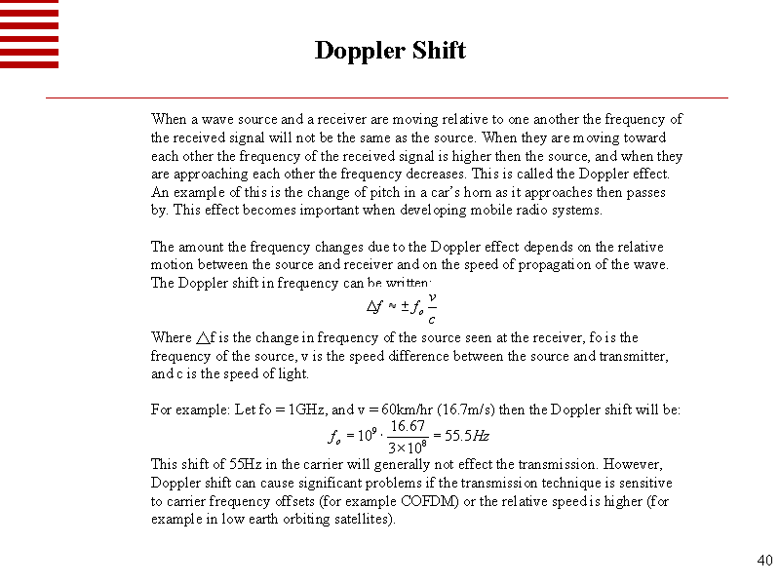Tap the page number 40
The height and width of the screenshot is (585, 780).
pyautogui.click(x=764, y=561)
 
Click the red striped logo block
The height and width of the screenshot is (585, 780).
pyautogui.click(x=29, y=34)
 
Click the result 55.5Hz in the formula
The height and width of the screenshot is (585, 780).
pyautogui.click(x=468, y=436)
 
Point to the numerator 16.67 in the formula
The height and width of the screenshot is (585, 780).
pyautogui.click(x=407, y=426)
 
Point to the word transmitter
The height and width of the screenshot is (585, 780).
pyautogui.click(x=633, y=356)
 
